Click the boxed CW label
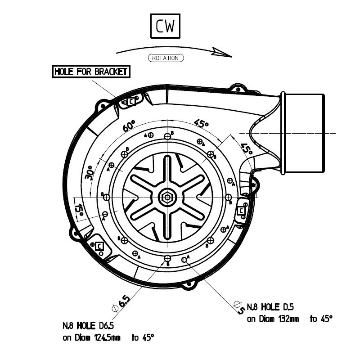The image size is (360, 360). coord(165,27)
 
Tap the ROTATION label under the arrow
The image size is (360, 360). coord(165,58)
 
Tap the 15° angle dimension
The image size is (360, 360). coord(79,209)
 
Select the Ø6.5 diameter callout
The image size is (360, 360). coord(120,303)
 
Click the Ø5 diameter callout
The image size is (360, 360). coord(238,307)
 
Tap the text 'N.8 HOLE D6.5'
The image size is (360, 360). coord(89,325)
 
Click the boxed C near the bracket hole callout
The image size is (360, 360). coord(131,102)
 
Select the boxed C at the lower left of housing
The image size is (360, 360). coord(99,246)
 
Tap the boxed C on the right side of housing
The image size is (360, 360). coord(241,210)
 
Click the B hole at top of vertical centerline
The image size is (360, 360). coord(167,135)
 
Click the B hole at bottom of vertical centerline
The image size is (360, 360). coord(167,258)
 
